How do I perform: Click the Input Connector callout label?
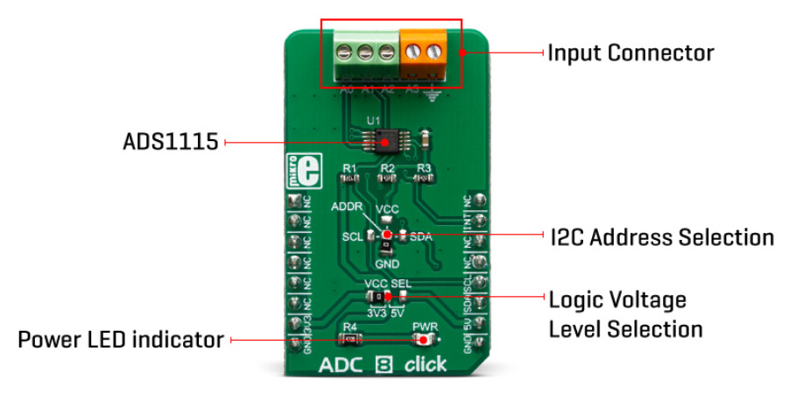pos(630,53)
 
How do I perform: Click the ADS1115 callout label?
pos(170,142)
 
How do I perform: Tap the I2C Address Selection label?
pos(661,237)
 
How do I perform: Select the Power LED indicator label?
pos(121,340)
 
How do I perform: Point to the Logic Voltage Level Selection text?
pos(625,314)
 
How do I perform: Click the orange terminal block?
pos(424,53)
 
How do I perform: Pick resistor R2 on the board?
pos(386,178)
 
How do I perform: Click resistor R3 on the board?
pos(424,178)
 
